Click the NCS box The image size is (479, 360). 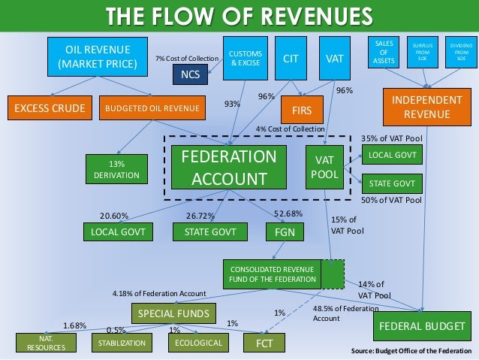(x=191, y=74)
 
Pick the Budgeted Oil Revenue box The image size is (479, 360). (x=152, y=107)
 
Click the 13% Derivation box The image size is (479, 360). (x=113, y=169)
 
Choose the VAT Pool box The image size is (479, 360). (x=324, y=167)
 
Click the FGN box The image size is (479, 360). (x=285, y=231)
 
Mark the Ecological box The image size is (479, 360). (x=198, y=343)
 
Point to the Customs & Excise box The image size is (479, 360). (x=246, y=58)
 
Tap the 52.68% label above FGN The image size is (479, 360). (x=288, y=213)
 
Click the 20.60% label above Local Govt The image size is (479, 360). (x=114, y=216)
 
